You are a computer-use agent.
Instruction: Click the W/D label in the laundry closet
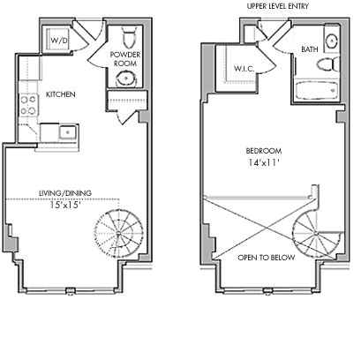point(59,41)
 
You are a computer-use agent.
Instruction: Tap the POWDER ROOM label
point(125,59)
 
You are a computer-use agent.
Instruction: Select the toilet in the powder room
point(129,37)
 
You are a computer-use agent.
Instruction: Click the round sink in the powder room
point(126,79)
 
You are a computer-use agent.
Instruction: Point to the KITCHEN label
point(61,94)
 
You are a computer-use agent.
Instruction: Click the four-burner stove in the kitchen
point(28,105)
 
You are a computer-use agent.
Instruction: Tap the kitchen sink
point(68,131)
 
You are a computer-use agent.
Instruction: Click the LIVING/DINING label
point(65,193)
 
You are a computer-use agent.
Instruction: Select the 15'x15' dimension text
point(65,205)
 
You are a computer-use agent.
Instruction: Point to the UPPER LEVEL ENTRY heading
point(278,6)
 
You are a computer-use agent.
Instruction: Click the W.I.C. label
point(244,69)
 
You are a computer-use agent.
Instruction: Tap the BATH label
point(310,49)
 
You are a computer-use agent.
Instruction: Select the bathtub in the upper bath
point(317,90)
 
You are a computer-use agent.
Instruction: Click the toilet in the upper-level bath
point(327,64)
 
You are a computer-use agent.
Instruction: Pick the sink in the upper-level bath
point(332,41)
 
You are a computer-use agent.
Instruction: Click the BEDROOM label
point(264,151)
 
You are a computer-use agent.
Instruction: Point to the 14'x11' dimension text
point(264,162)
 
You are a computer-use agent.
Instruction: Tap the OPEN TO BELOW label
point(267,258)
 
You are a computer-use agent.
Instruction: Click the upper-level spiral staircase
point(316,235)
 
